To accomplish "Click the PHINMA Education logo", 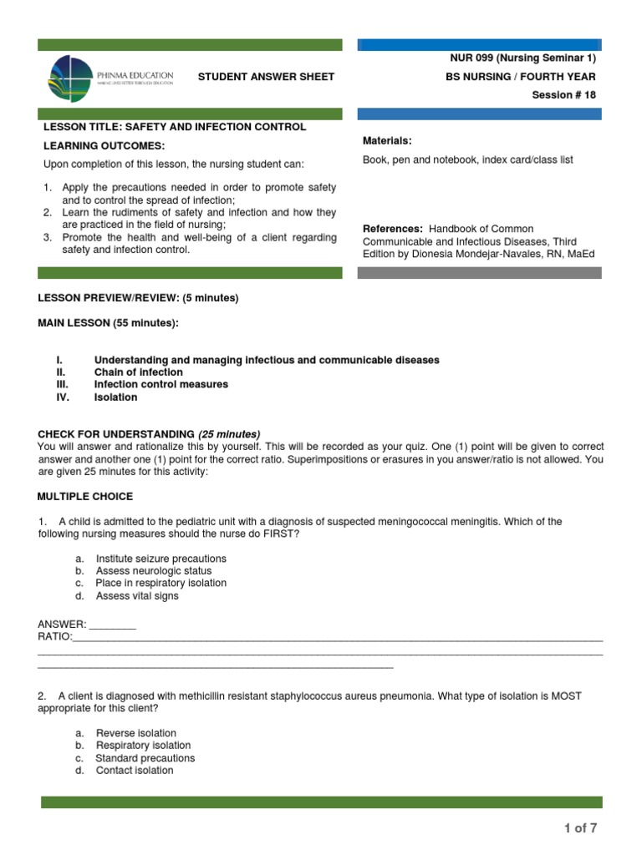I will click(x=112, y=77).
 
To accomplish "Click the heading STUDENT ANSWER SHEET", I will click(x=266, y=77).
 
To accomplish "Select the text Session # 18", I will click(x=564, y=94).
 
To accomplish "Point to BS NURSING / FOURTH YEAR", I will click(x=522, y=77).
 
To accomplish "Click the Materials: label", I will click(x=387, y=140).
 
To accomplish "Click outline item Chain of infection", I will click(x=138, y=372).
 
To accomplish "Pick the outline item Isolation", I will click(x=115, y=397).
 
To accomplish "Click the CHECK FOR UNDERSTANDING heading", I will click(x=116, y=434).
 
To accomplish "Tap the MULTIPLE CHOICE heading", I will click(x=85, y=497).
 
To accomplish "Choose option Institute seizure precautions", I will click(x=160, y=559).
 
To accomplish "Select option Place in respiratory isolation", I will click(x=160, y=583).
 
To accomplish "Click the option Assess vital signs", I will click(x=137, y=596).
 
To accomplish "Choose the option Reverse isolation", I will click(x=136, y=733).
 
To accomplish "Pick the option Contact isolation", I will click(x=135, y=771).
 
